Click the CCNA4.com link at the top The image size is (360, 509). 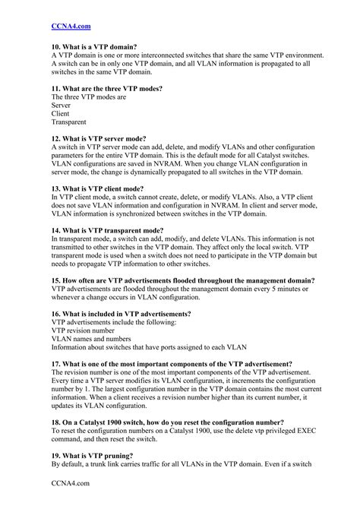(71, 26)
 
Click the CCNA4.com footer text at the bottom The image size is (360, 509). (71, 482)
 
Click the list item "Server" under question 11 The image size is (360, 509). (62, 105)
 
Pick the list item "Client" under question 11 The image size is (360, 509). (61, 113)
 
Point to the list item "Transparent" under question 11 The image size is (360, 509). (69, 122)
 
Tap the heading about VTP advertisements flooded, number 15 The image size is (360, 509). (183, 280)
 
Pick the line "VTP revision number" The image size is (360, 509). (83, 330)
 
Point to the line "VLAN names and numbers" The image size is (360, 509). (91, 339)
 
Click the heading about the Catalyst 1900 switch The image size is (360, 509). (168, 422)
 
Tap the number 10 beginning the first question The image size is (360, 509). (55, 47)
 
